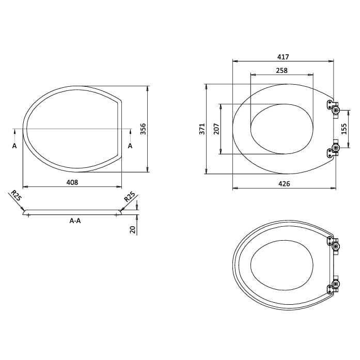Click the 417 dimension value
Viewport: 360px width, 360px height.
click(x=283, y=57)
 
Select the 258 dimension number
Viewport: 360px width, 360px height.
click(x=281, y=70)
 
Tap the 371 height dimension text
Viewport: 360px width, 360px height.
click(x=202, y=129)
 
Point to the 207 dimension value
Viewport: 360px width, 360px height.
click(x=216, y=129)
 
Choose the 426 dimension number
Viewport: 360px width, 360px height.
click(x=284, y=183)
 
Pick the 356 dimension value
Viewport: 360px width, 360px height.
click(x=144, y=128)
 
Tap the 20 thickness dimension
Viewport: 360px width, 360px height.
click(x=133, y=229)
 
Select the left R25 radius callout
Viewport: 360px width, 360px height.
click(x=15, y=196)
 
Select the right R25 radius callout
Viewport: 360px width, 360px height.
click(x=130, y=196)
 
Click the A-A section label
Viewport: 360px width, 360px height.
click(x=75, y=221)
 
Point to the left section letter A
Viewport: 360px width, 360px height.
click(x=14, y=146)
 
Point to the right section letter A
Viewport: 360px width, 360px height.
click(x=130, y=146)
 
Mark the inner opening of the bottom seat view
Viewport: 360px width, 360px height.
click(x=282, y=265)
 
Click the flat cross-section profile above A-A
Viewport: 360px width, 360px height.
click(x=72, y=212)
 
